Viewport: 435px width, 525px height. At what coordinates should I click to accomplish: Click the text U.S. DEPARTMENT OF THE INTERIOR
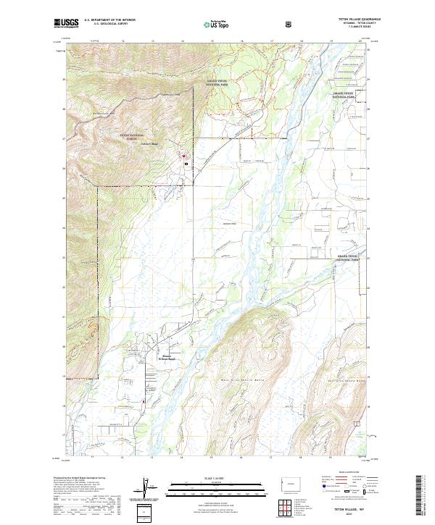click(x=109, y=20)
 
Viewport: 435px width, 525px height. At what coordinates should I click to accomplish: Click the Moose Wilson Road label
click(x=167, y=358)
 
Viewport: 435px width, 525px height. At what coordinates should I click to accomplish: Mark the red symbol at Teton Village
click(x=184, y=156)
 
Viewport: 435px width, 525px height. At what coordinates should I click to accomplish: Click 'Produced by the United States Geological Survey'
click(x=82, y=478)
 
